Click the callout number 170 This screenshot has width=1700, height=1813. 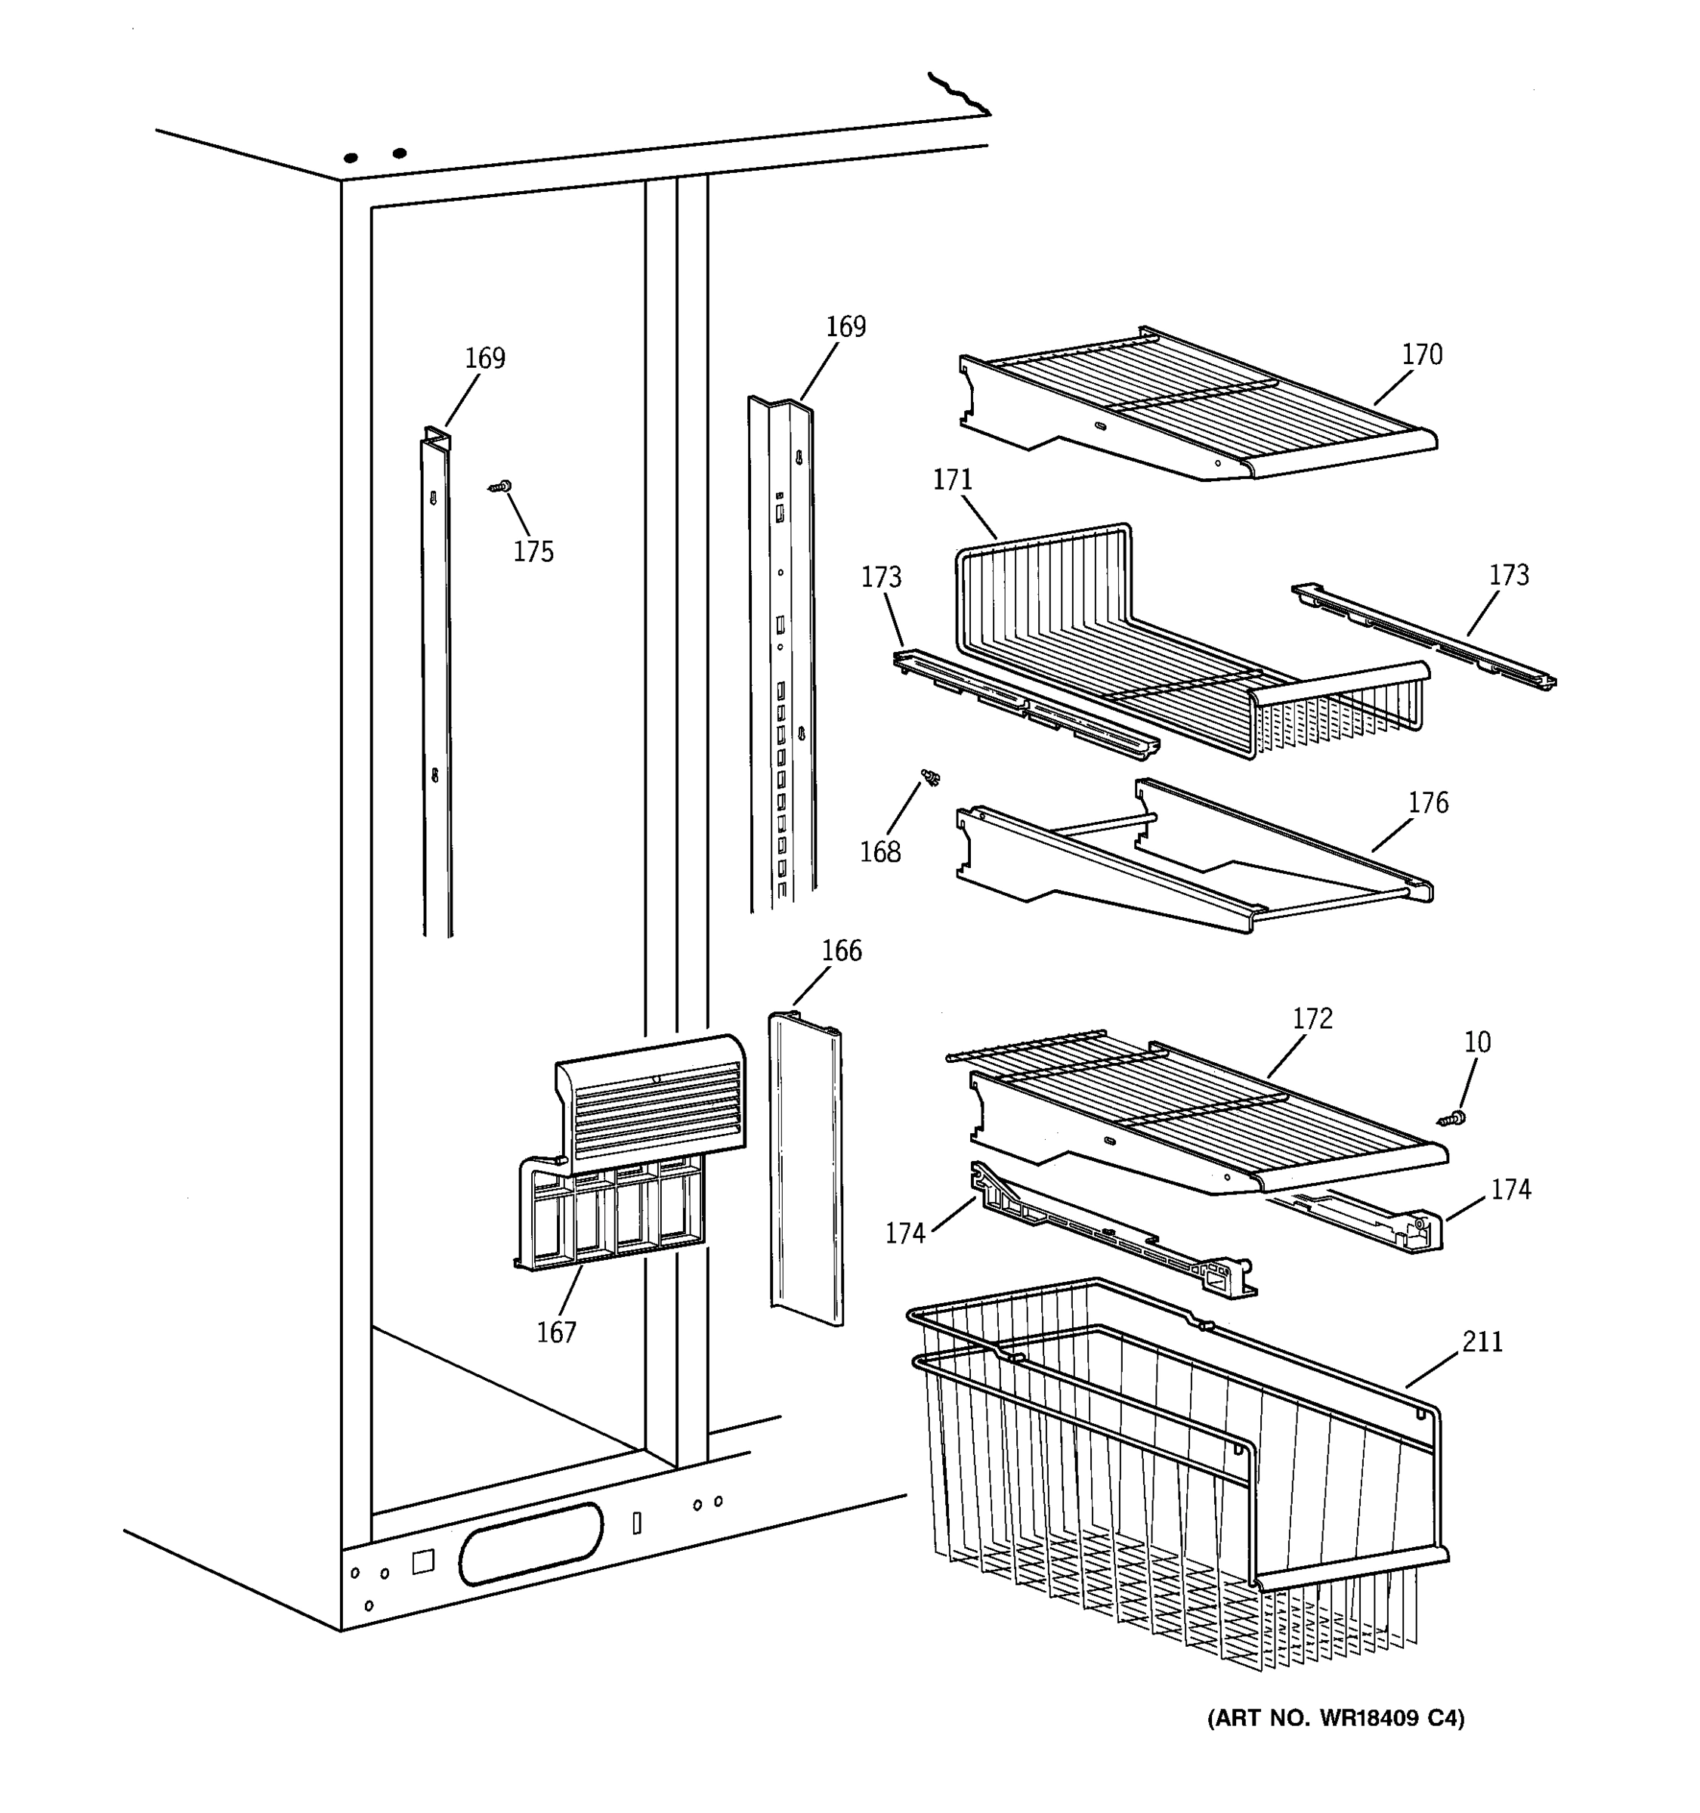pyautogui.click(x=1421, y=355)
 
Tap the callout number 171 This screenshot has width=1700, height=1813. pyautogui.click(x=952, y=480)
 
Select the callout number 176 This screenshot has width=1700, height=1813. pyautogui.click(x=1427, y=802)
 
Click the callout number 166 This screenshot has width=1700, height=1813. pyautogui.click(x=841, y=951)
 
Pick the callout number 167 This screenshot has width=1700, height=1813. pyautogui.click(x=555, y=1333)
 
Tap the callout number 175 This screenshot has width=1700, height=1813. pyautogui.click(x=533, y=551)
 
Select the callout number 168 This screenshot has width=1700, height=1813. pyautogui.click(x=879, y=852)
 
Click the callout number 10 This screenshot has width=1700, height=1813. pyautogui.click(x=1476, y=1042)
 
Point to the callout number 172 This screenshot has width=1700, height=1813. pyautogui.click(x=1312, y=1018)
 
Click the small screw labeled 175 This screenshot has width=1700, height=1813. pyautogui.click(x=499, y=488)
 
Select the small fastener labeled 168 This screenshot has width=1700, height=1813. pyautogui.click(x=930, y=778)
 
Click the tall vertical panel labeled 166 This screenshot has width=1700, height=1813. pyautogui.click(x=805, y=1167)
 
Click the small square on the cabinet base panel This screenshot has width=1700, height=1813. pyautogui.click(x=422, y=1561)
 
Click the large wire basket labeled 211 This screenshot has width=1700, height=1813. pyautogui.click(x=1176, y=1478)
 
